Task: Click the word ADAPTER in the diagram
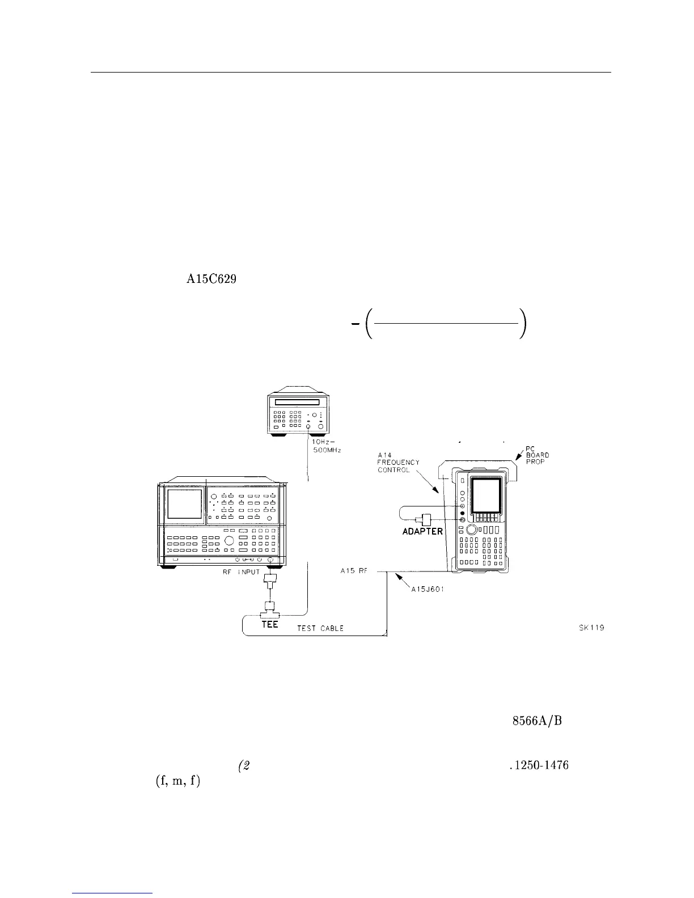tap(422, 531)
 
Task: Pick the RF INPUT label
tap(241, 572)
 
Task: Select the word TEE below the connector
tap(269, 625)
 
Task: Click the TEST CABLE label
tap(320, 629)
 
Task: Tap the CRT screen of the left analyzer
tap(184, 504)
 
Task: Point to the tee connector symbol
tap(269, 615)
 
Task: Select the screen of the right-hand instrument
tap(486, 492)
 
